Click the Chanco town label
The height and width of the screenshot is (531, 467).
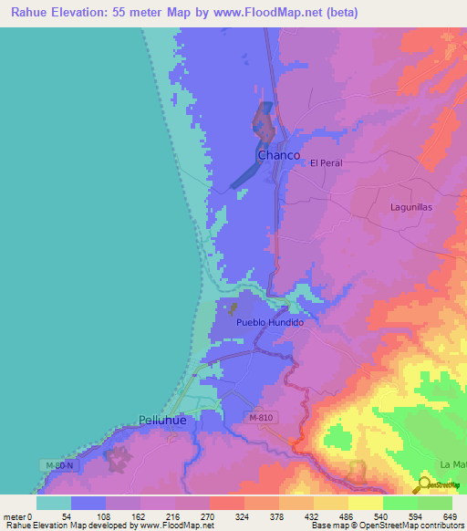[278, 156]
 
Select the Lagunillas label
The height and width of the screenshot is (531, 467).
[410, 207]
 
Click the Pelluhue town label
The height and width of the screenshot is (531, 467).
[164, 420]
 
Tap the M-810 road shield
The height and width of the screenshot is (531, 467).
[260, 417]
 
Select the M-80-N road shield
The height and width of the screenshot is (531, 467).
[60, 465]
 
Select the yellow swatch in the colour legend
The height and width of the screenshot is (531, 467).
[365, 502]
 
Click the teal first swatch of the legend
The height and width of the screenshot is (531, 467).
[54, 502]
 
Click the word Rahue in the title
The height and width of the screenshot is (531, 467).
[30, 13]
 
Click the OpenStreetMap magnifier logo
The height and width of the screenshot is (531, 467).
[423, 484]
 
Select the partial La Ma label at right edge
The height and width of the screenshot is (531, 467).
[452, 464]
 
